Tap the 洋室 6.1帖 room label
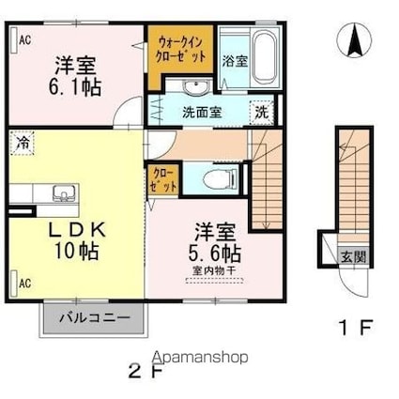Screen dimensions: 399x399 coord(76,74)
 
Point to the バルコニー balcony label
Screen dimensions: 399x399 coord(92,315)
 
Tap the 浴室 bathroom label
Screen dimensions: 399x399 coord(235,61)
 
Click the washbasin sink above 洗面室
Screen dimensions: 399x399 coord(195,88)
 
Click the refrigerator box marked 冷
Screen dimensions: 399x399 coord(21,144)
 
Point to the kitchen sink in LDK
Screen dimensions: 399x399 coord(62,194)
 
